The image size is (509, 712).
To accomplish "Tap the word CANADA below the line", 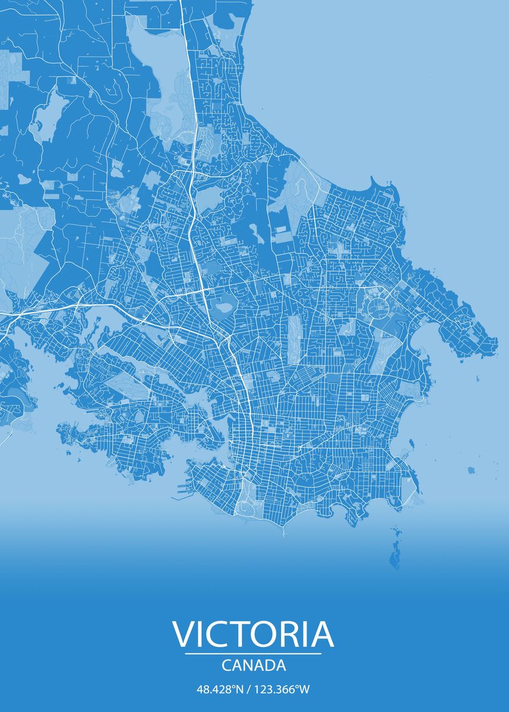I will pyautogui.click(x=254, y=666).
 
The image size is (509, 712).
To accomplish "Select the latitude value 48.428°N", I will pyautogui.click(x=220, y=689).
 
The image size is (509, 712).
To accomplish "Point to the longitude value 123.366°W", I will pyautogui.click(x=283, y=689).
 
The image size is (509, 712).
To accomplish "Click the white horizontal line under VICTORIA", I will pyautogui.click(x=253, y=654).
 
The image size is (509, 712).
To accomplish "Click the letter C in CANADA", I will pyautogui.click(x=226, y=666).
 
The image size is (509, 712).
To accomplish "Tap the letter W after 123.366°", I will pyautogui.click(x=305, y=689).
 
